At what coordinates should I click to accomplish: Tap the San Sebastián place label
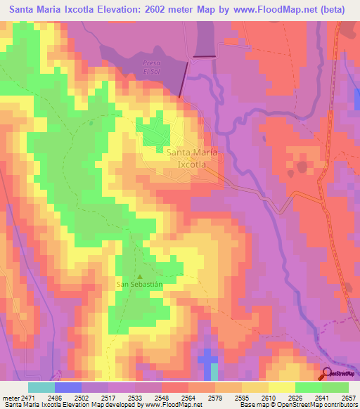tap(139, 285)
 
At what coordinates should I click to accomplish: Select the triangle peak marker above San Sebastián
tap(139, 276)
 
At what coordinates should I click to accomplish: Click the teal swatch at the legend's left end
tap(41, 387)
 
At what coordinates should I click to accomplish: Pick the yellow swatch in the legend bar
tap(281, 387)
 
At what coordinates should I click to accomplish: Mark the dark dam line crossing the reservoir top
tap(205, 56)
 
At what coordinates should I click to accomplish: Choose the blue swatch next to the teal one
tap(68, 387)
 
